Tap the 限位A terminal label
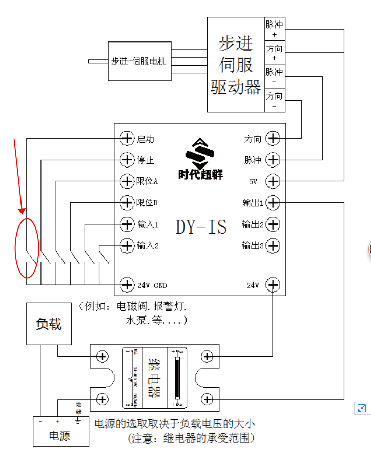pyautogui.click(x=148, y=181)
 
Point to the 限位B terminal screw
pyautogui.click(x=127, y=203)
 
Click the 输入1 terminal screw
pyautogui.click(x=127, y=224)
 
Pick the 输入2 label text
pyautogui.click(x=148, y=246)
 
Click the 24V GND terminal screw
pyautogui.click(x=127, y=284)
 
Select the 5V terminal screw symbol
pyautogui.click(x=273, y=181)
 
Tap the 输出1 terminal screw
pyautogui.click(x=273, y=203)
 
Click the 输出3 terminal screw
pyautogui.click(x=273, y=246)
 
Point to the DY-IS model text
pyautogui.click(x=201, y=226)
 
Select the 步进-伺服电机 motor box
pyautogui.click(x=139, y=61)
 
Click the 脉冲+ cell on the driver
pyautogui.click(x=274, y=29)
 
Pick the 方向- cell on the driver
pyautogui.click(x=274, y=100)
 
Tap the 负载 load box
pyautogui.click(x=49, y=324)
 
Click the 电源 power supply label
pyautogui.click(x=59, y=436)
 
